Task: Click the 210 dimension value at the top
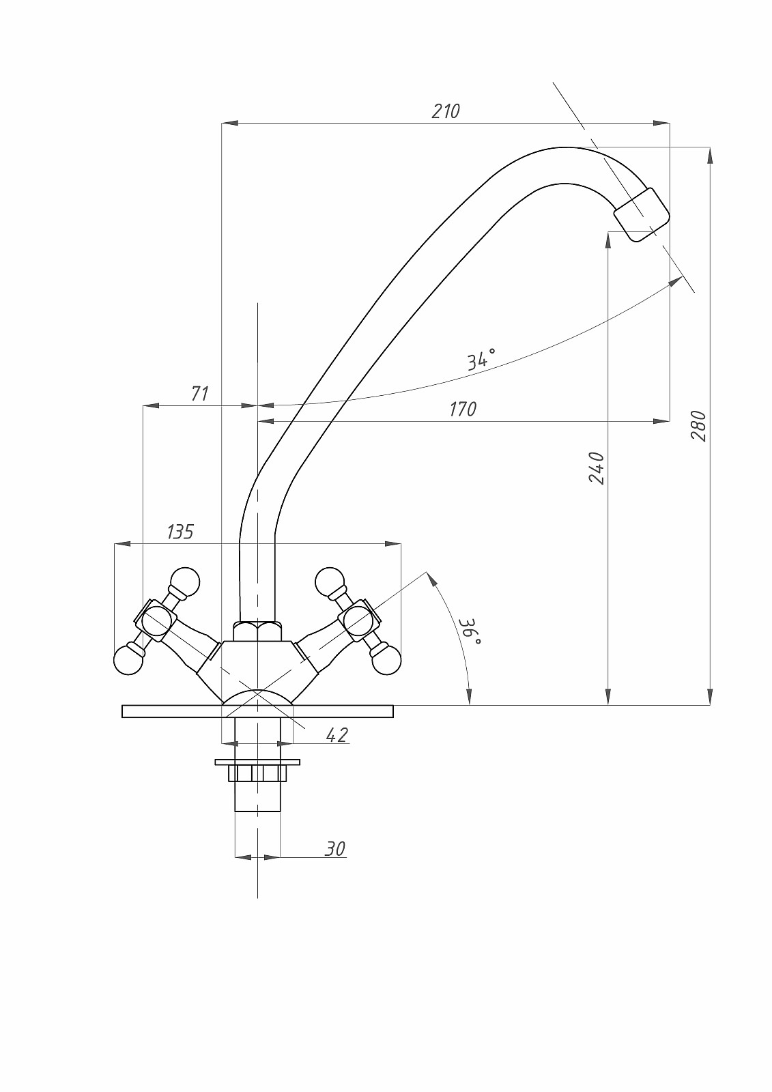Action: [446, 112]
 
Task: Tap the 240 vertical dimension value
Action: [597, 468]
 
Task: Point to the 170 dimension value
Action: [463, 409]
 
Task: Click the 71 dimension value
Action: [200, 393]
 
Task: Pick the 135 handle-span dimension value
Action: [180, 532]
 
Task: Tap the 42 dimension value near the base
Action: [337, 734]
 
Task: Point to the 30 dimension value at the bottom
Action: [335, 849]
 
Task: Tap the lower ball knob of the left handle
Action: [128, 659]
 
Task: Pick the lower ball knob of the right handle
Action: [387, 659]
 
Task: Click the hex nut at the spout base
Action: [258, 631]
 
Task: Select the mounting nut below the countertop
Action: [257, 773]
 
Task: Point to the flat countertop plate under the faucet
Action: [257, 711]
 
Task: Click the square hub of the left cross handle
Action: [156, 620]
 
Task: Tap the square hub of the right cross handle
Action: [359, 620]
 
